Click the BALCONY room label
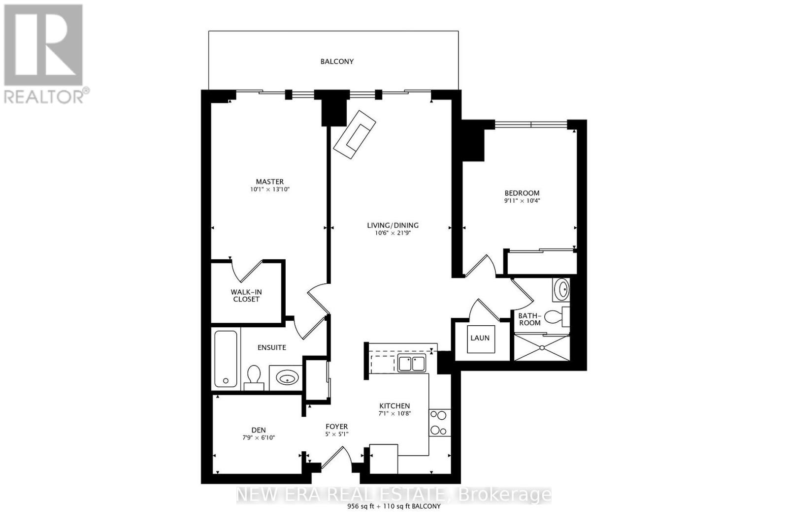337,62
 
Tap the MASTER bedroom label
269,182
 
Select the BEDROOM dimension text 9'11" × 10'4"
522,201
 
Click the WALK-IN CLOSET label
246,296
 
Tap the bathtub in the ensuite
226,359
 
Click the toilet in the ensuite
254,377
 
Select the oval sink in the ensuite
288,378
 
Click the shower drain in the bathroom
542,347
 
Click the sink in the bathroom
561,289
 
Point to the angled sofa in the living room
355,135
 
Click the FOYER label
337,426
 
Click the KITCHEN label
394,406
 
